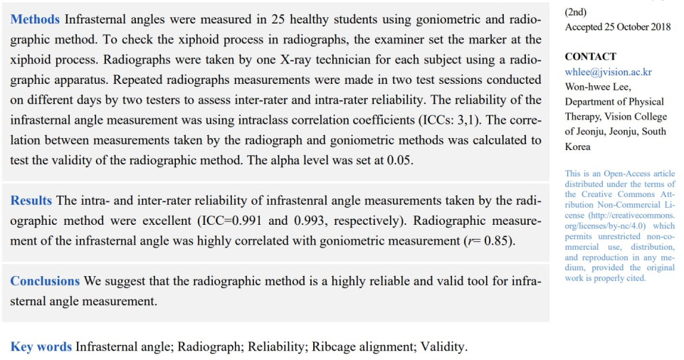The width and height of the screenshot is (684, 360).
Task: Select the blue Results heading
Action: click(x=31, y=201)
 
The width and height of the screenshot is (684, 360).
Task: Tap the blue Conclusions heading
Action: click(x=45, y=281)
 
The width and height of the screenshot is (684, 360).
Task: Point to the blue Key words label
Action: click(x=41, y=347)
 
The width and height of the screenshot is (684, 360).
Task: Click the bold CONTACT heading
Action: click(x=590, y=56)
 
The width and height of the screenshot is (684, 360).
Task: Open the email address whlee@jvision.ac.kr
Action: click(x=609, y=72)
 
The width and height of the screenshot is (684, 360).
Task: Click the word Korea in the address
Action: click(x=578, y=147)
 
